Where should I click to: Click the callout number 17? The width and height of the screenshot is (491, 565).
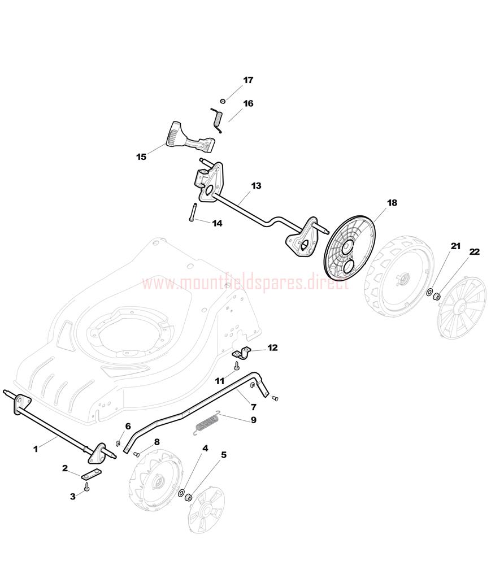pyautogui.click(x=248, y=80)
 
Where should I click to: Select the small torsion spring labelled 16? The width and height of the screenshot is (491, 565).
pyautogui.click(x=217, y=119)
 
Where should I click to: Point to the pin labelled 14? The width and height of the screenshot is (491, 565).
pyautogui.click(x=192, y=212)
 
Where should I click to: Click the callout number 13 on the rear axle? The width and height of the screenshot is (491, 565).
pyautogui.click(x=256, y=185)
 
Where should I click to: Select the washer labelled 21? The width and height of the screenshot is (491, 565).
pyautogui.click(x=430, y=292)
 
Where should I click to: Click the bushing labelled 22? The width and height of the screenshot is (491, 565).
pyautogui.click(x=436, y=296)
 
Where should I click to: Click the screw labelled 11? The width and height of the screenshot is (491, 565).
pyautogui.click(x=237, y=366)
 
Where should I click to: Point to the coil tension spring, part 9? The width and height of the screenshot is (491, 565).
pyautogui.click(x=207, y=421)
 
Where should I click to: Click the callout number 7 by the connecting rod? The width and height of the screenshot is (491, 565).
pyautogui.click(x=254, y=407)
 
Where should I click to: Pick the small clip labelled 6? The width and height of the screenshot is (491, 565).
pyautogui.click(x=118, y=442)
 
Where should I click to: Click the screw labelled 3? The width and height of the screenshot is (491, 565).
pyautogui.click(x=87, y=487)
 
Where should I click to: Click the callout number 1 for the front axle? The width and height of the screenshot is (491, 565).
pyautogui.click(x=35, y=449)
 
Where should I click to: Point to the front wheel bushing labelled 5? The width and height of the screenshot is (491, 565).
pyautogui.click(x=188, y=498)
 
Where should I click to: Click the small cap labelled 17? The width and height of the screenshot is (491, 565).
pyautogui.click(x=223, y=101)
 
